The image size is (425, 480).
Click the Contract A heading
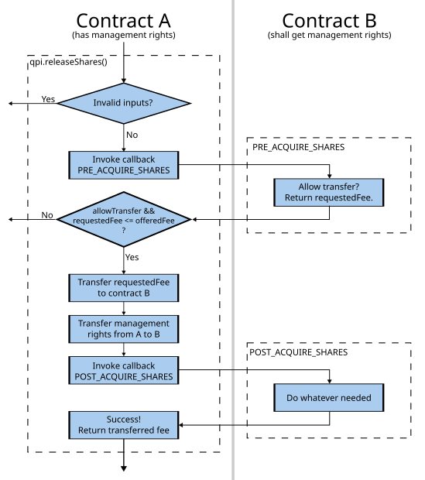pyautogui.click(x=123, y=20)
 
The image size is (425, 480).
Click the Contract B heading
pyautogui.click(x=330, y=20)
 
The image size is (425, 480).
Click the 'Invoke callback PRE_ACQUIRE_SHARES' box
pyautogui.click(x=123, y=165)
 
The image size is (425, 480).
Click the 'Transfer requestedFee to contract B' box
pyautogui.click(x=123, y=287)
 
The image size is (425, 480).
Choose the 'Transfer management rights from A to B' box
pyautogui.click(x=123, y=330)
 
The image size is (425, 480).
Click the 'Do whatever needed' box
pyautogui.click(x=330, y=399)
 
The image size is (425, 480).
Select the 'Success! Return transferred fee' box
pyautogui.click(x=123, y=424)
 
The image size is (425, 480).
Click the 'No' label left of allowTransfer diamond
pyautogui.click(x=48, y=216)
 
